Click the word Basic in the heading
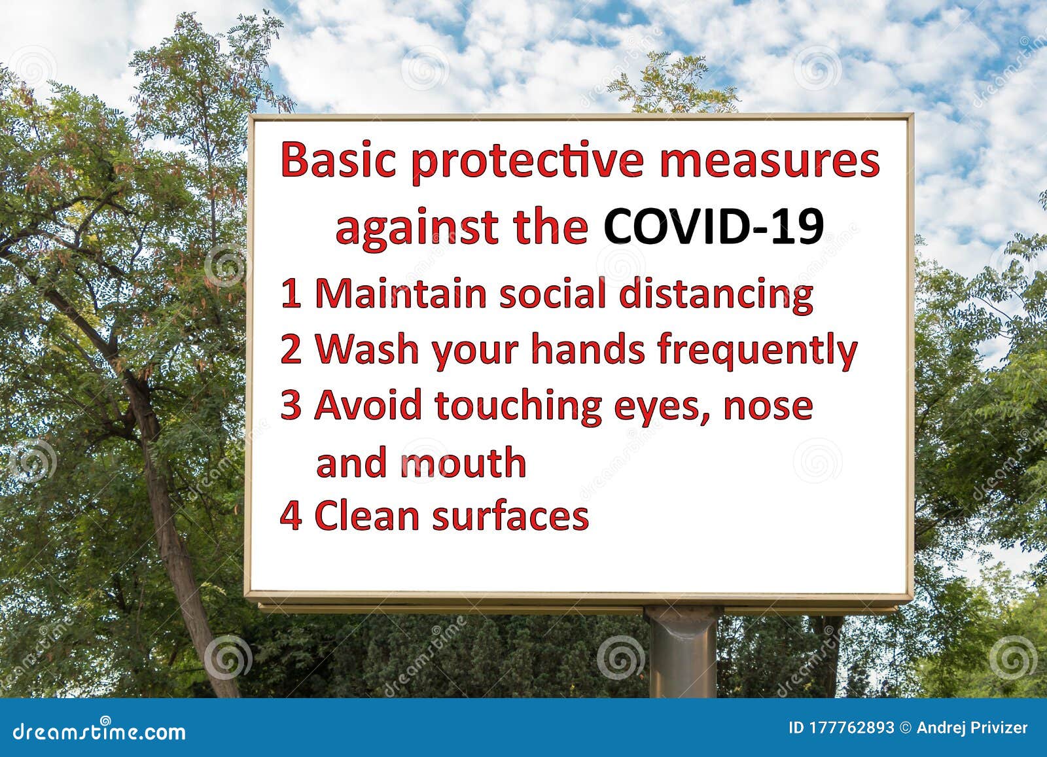click(x=338, y=161)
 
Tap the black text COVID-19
click(x=713, y=228)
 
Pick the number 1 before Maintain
click(x=291, y=294)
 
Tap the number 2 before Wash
click(x=291, y=349)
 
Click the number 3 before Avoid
click(x=291, y=406)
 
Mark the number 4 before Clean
click(x=291, y=516)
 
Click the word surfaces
click(x=510, y=516)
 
